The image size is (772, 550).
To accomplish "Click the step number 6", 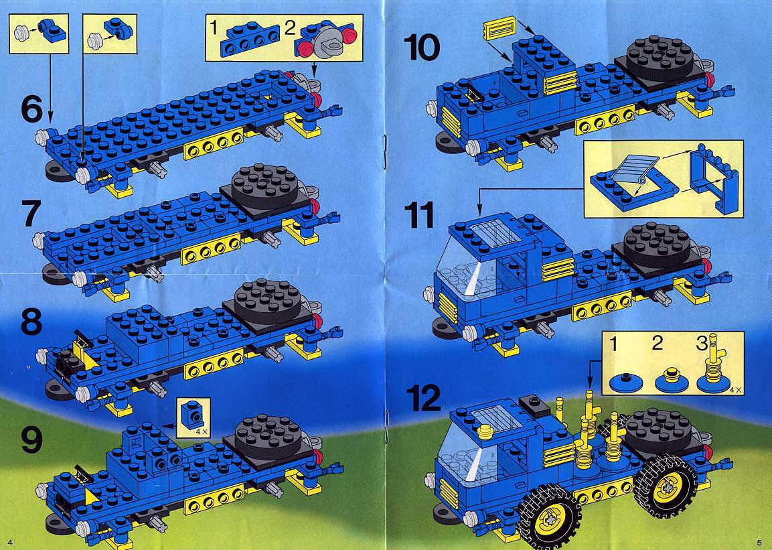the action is tap(32, 109).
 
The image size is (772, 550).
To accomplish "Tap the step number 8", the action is tap(32, 322).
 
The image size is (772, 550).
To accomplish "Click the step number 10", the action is tap(422, 48).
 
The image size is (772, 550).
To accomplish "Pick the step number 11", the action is tap(419, 215).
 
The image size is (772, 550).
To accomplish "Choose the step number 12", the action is tap(423, 398).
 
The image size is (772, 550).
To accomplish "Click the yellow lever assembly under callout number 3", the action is tap(713, 364).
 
